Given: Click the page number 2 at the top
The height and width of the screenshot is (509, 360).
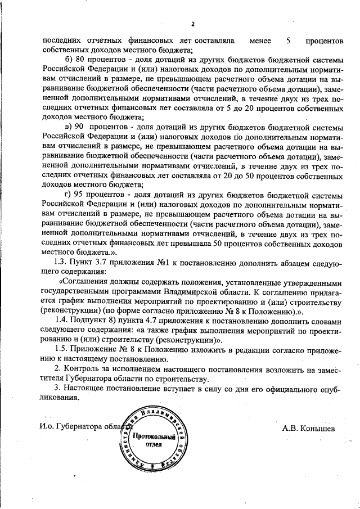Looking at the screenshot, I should coord(192,24).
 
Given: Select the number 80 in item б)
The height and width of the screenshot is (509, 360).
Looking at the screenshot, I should coord(80,60).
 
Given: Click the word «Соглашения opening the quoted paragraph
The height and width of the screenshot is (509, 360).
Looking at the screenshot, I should coord(86,282).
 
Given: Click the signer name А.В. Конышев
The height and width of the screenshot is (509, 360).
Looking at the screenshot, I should coord(308,428).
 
